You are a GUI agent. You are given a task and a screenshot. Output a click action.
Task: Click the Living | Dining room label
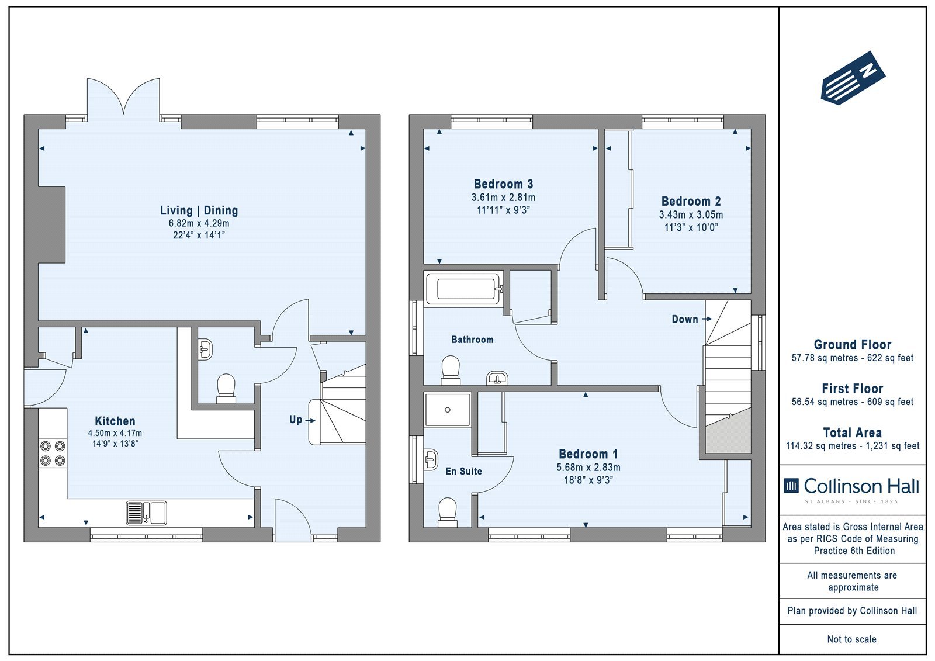[199, 210]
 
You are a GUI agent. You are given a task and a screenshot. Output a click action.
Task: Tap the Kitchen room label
[115, 421]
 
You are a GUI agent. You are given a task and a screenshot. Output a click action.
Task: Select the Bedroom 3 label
[503, 184]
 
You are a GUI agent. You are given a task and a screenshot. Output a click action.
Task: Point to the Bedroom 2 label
[691, 201]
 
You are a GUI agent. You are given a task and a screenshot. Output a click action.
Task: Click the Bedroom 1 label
[588, 454]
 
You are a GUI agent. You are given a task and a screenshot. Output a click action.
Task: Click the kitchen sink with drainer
[146, 513]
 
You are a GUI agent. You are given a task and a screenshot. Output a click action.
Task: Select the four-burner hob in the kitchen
[53, 454]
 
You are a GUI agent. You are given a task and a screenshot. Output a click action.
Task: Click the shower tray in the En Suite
[448, 410]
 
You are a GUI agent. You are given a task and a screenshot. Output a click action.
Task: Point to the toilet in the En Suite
[448, 512]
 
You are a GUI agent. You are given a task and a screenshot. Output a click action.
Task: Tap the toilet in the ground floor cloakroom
[226, 388]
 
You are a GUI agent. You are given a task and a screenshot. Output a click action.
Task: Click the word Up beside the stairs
[296, 420]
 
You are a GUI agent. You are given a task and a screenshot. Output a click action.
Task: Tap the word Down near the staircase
[685, 320]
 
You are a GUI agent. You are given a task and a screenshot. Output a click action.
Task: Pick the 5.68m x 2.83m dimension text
[588, 467]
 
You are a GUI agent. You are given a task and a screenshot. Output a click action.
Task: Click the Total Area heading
[853, 432]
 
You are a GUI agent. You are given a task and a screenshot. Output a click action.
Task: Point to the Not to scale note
[852, 639]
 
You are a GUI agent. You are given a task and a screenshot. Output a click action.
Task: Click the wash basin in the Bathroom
[497, 378]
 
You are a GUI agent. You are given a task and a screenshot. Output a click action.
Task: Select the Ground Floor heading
[853, 344]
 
